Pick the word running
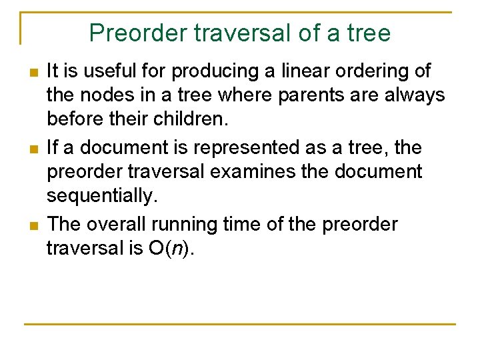[189, 223]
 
